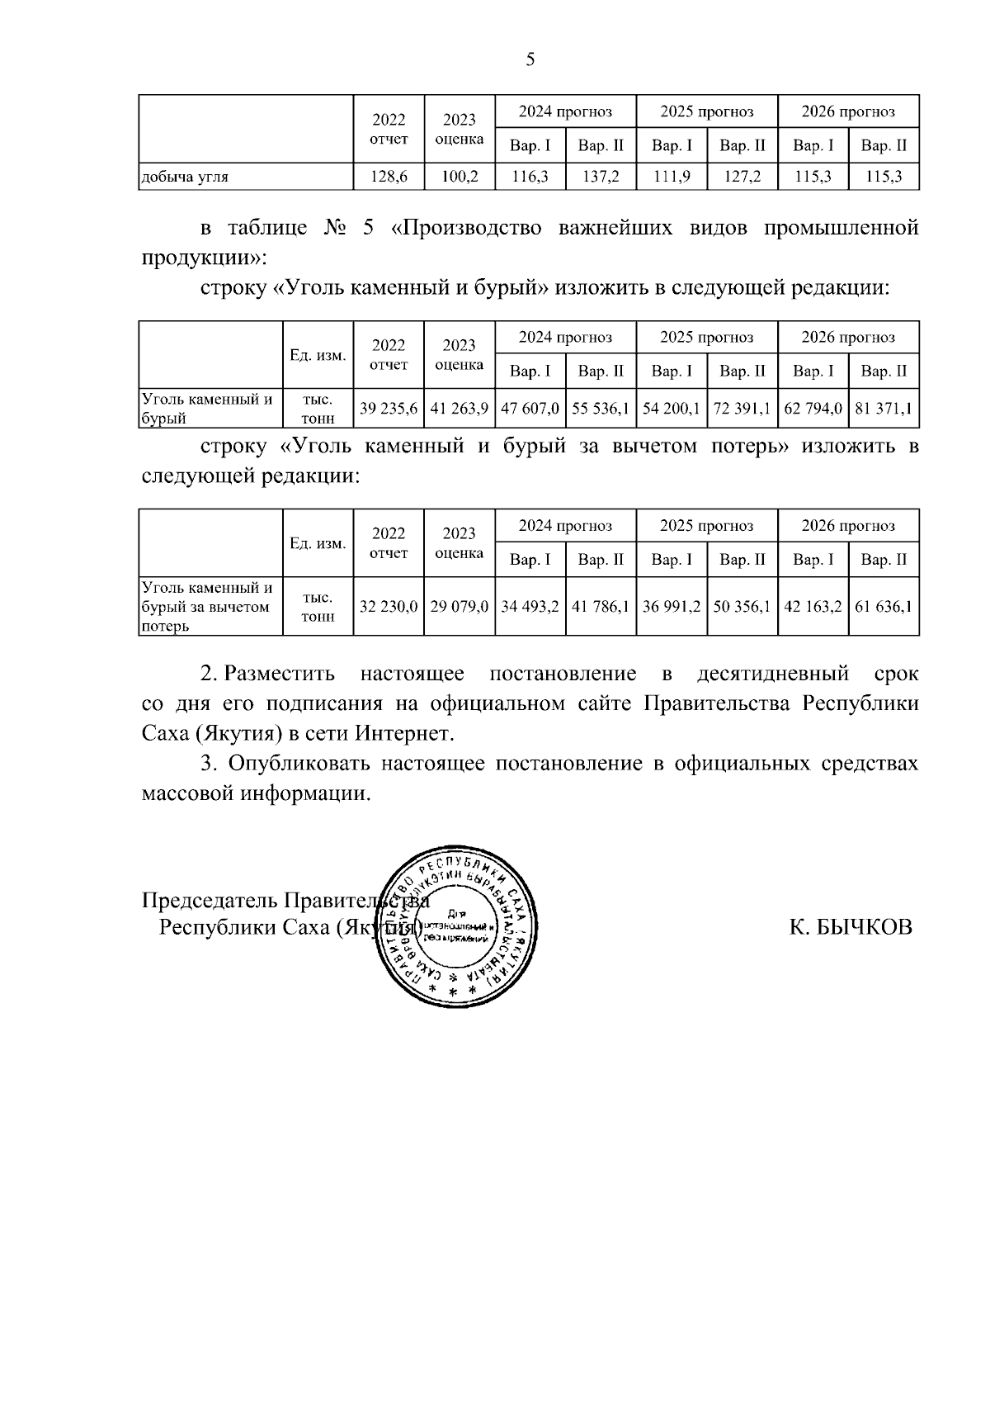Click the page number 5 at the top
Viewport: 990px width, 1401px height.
coord(530,59)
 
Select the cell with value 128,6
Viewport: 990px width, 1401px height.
coord(389,176)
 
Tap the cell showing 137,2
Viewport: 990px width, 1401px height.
coord(601,176)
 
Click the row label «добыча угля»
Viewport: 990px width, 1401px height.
coord(186,176)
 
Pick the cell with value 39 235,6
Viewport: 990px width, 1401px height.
coord(389,409)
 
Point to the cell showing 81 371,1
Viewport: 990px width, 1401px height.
coord(884,409)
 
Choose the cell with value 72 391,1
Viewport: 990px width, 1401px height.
coord(742,409)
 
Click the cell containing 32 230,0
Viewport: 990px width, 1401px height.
coord(389,607)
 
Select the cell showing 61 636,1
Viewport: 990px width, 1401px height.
coord(884,607)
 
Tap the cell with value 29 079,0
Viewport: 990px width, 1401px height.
coord(460,607)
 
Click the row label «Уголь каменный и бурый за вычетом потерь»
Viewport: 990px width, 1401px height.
coord(207,607)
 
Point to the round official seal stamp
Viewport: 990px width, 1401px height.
coord(458,926)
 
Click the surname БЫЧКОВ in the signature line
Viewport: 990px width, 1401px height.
coord(864,926)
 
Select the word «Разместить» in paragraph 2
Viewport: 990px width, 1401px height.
coord(280,674)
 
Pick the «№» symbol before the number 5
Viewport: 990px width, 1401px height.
coord(337,228)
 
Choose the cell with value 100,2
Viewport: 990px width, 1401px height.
coord(460,176)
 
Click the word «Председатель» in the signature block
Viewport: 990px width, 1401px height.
coord(210,899)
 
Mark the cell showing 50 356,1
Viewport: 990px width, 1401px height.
coord(742,607)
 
